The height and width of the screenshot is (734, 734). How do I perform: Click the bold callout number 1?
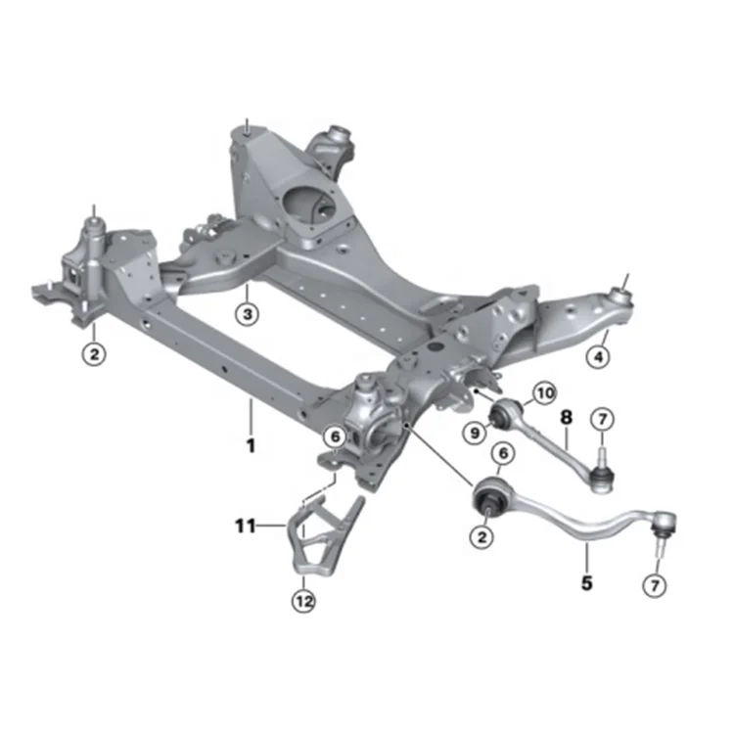pyautogui.click(x=251, y=446)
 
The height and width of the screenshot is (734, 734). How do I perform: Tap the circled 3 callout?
pyautogui.click(x=248, y=314)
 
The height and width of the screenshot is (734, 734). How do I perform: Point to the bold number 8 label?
pyautogui.click(x=566, y=417)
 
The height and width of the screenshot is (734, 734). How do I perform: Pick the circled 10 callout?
pyautogui.click(x=544, y=393)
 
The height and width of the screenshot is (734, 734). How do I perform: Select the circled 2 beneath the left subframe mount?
pyautogui.click(x=93, y=354)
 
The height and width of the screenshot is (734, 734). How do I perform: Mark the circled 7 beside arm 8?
pyautogui.click(x=602, y=420)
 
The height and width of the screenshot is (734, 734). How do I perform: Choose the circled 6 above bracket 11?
pyautogui.click(x=335, y=436)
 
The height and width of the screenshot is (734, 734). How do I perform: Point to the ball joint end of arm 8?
pyautogui.click(x=601, y=475)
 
